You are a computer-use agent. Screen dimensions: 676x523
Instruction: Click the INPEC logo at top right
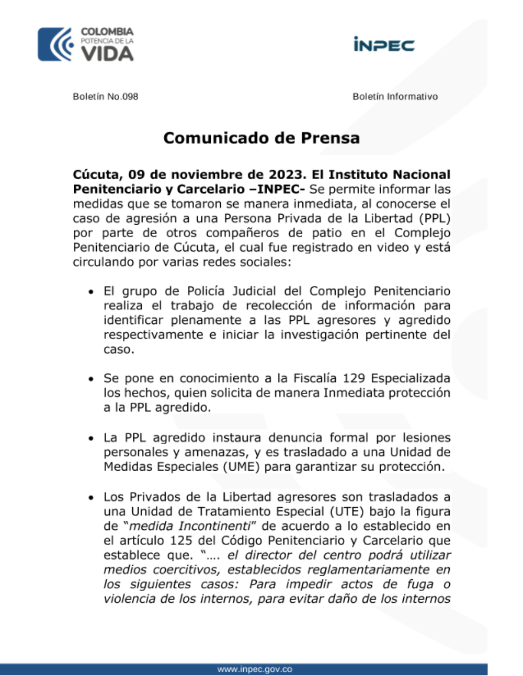[x=384, y=44]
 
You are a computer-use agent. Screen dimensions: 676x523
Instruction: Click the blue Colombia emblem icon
[x=55, y=44]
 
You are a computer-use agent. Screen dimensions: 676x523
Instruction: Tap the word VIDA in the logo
[x=108, y=53]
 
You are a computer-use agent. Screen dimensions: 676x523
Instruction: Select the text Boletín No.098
[x=105, y=97]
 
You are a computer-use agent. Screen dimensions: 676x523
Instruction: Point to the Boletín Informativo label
[x=395, y=97]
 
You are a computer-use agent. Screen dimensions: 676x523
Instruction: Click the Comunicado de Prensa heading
[x=261, y=138]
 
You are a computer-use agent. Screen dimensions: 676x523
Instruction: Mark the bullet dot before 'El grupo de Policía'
[x=92, y=292]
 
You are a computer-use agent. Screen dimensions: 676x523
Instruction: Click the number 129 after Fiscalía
[x=354, y=378]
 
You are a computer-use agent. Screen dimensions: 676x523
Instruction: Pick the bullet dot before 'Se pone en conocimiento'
[x=92, y=379]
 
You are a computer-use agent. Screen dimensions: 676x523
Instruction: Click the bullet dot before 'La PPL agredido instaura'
[x=92, y=438]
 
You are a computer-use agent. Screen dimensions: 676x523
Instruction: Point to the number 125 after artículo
[x=182, y=541]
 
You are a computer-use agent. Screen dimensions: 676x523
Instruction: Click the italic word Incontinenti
[x=214, y=526]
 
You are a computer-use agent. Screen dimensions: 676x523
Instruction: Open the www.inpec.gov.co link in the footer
[x=255, y=669]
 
